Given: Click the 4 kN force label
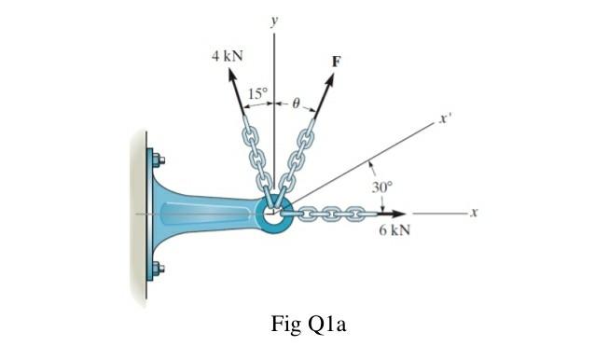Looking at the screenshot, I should click(x=227, y=55).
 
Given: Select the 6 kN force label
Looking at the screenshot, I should click(x=395, y=229).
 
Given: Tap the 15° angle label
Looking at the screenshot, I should click(x=257, y=93).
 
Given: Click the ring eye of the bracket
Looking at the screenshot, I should click(x=273, y=214).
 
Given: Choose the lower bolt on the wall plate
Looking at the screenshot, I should click(x=158, y=270).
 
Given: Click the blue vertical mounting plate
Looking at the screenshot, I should click(x=150, y=215).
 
